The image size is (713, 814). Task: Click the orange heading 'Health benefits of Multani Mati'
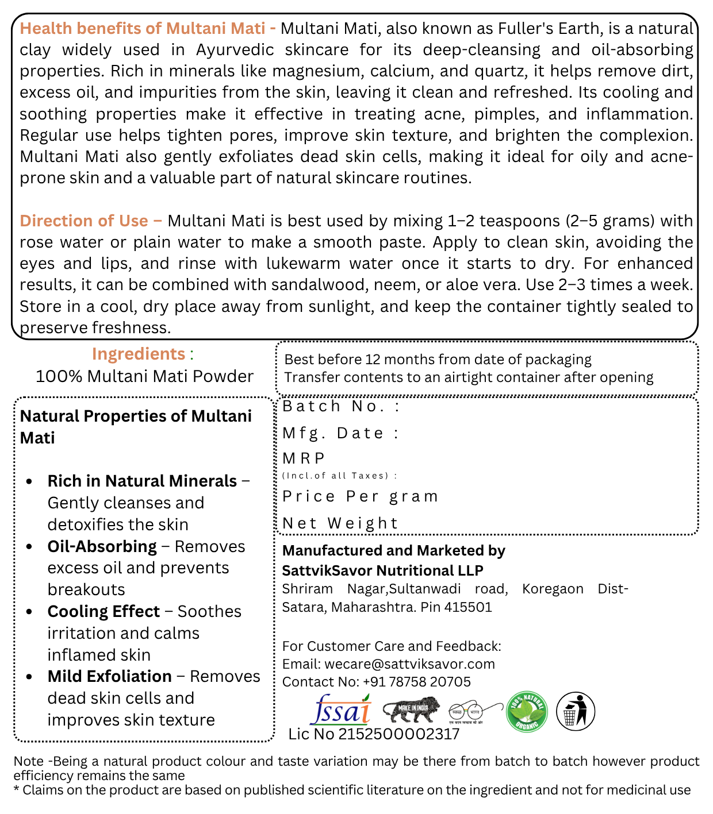pos(143,28)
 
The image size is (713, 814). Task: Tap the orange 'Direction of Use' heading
pos(85,221)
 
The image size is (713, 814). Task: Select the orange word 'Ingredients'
pos(139,354)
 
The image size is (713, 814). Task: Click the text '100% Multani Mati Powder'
pos(144,376)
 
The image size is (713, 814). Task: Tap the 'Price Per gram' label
pos(361,496)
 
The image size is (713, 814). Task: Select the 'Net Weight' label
pos(340,523)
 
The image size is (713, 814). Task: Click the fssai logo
pos(340,710)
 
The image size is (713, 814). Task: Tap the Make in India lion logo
pos(411,710)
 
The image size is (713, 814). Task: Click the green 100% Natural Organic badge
pos(527,712)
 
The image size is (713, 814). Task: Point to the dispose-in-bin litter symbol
pos(576,711)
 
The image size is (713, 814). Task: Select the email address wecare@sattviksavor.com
pos(409,664)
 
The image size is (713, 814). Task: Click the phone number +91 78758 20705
pos(416,682)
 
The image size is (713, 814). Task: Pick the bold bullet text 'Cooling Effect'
pos(103,611)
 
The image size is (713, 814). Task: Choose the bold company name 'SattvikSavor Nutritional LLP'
pos(382,570)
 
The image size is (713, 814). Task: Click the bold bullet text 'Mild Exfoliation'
pos(109,676)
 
